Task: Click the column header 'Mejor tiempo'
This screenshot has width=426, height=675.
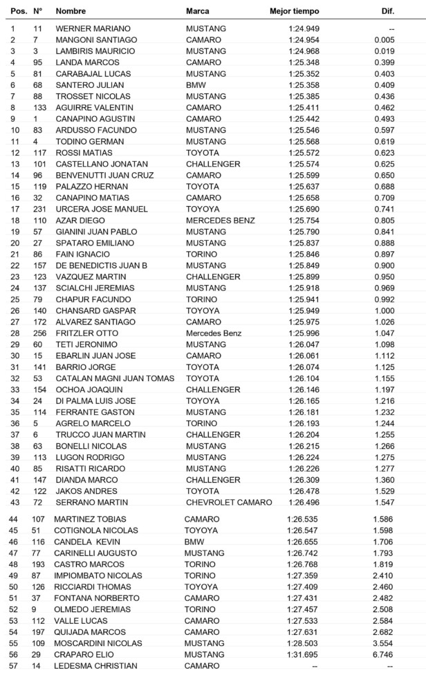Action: click(x=295, y=12)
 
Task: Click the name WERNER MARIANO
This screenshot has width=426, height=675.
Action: click(x=93, y=28)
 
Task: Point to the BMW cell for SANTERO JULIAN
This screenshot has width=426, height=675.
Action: click(x=195, y=85)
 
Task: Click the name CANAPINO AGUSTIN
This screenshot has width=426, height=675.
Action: click(x=94, y=119)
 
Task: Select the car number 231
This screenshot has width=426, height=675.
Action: click(x=39, y=209)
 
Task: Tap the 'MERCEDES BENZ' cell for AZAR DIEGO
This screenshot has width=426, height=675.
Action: click(x=220, y=221)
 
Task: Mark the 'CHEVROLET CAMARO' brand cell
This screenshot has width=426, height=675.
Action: click(x=229, y=502)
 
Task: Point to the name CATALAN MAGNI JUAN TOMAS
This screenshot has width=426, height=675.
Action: click(x=115, y=378)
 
